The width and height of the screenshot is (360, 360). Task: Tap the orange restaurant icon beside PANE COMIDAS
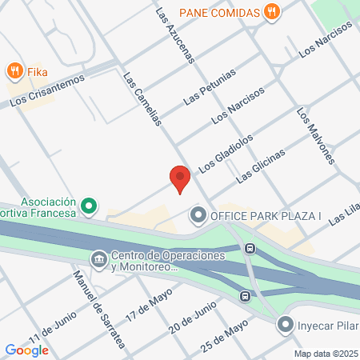coord(273,12)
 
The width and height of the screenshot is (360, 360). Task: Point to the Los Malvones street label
coord(314,136)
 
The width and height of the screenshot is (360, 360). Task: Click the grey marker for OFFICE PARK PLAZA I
coord(198,215)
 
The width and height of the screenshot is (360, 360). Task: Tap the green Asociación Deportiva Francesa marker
coord(90,206)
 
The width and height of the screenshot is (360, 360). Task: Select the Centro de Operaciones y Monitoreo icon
coord(99,260)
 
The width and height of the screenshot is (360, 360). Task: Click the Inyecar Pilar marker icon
coord(285,324)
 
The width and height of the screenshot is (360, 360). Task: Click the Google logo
coord(26,350)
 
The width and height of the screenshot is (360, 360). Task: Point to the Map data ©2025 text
coord(325,354)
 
